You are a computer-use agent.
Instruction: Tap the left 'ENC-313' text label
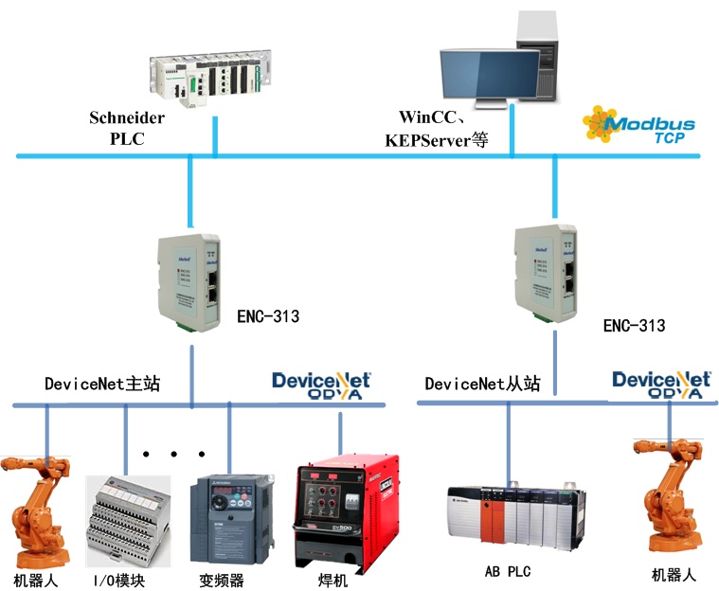267,316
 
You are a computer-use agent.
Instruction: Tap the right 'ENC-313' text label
634,326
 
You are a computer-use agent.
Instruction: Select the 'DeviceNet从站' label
482,384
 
